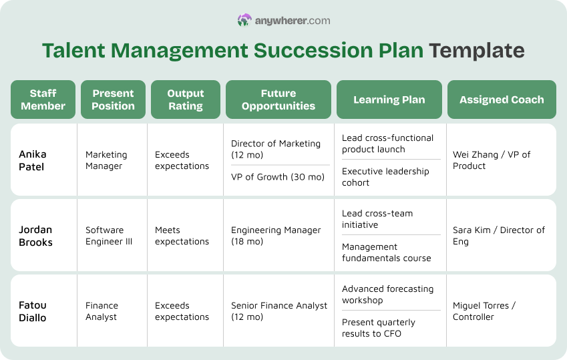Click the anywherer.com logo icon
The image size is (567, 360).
[244, 21]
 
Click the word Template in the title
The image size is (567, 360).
[476, 51]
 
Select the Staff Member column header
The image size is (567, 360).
[43, 100]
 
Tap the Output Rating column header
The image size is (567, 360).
[185, 100]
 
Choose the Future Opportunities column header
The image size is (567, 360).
[278, 100]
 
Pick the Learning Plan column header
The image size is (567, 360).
[389, 100]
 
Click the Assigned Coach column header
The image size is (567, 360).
[501, 100]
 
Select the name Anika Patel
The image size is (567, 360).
[33, 160]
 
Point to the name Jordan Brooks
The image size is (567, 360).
[35, 236]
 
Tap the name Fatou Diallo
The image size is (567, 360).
[33, 311]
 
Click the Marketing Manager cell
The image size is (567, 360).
[106, 160]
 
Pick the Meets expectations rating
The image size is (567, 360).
[182, 236]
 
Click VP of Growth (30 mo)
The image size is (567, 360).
[277, 177]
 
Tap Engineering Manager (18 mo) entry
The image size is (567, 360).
[276, 236]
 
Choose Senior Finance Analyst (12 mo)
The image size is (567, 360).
[279, 311]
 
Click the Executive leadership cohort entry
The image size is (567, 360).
[385, 177]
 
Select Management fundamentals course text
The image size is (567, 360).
[386, 252]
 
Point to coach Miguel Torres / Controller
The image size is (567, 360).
[484, 311]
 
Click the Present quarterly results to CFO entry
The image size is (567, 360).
[378, 328]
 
